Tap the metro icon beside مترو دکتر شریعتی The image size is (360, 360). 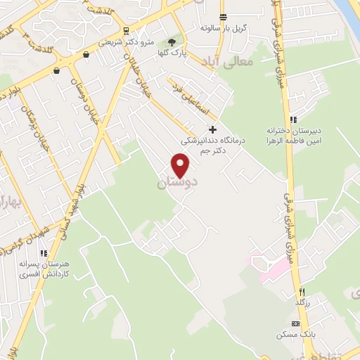pos(126,30)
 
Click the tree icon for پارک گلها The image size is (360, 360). pos(172,42)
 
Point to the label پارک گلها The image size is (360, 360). pos(172,53)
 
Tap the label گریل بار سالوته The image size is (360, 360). pos(219,27)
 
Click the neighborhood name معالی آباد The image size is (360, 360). pos(231,63)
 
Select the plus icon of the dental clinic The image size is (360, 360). pos(213,129)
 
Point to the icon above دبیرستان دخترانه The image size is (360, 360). pos(292,120)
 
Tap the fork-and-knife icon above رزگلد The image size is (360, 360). pos(302,291)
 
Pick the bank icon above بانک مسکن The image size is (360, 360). pos(295,323)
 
